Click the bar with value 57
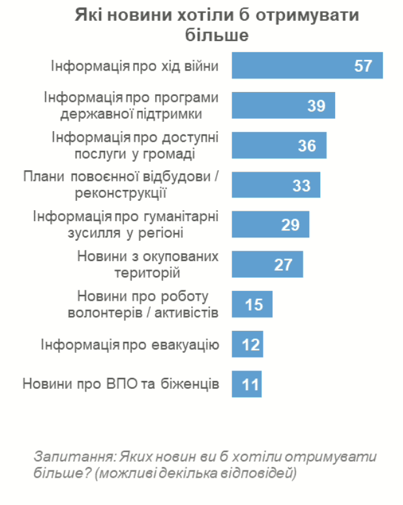pos(307,66)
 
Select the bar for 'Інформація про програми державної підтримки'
pos(284,106)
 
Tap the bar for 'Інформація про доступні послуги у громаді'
pos(279,145)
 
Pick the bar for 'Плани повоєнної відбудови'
pos(276,185)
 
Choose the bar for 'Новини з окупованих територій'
pos(268,265)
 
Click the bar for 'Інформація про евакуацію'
pos(247,344)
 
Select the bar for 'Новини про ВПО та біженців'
pos(246,384)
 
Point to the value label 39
pos(316,106)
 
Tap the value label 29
pos(290,225)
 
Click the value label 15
pos(253,305)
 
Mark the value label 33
pos(301,185)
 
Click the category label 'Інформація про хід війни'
pos(134,66)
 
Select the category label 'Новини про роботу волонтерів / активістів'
pos(143,305)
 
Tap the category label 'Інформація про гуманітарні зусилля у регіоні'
pos(126,225)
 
